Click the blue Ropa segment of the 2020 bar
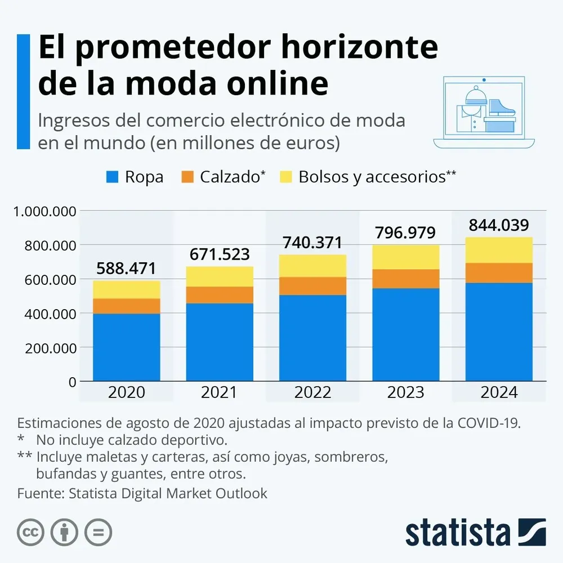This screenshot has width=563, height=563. (x=127, y=347)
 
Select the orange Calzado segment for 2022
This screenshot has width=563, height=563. (x=313, y=285)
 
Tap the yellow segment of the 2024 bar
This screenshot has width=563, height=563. (x=499, y=250)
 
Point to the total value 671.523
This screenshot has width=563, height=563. (x=220, y=254)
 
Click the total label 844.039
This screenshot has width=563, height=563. (x=499, y=225)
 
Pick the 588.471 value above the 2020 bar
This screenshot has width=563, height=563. (x=127, y=268)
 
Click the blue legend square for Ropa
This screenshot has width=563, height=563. (x=113, y=177)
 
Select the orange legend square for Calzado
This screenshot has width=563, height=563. (x=187, y=177)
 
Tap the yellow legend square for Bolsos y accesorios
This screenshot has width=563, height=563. (x=285, y=177)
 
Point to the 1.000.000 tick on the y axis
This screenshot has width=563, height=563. (x=44, y=212)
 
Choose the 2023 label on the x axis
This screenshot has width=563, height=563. (x=406, y=392)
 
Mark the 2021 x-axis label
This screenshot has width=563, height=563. (x=220, y=392)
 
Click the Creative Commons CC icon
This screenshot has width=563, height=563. (x=31, y=532)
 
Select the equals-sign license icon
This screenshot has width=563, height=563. (x=99, y=532)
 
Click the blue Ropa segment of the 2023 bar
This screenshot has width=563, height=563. (x=406, y=334)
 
